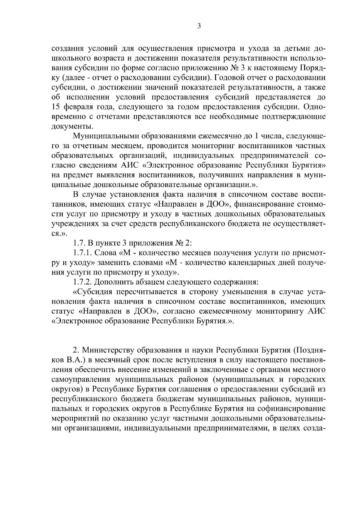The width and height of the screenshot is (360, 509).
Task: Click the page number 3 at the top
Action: (x=199, y=26)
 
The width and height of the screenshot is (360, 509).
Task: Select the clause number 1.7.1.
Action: (x=83, y=253)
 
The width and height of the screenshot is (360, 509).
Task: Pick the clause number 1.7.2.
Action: (x=83, y=282)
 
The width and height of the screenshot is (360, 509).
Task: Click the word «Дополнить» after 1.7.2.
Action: (x=113, y=282)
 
